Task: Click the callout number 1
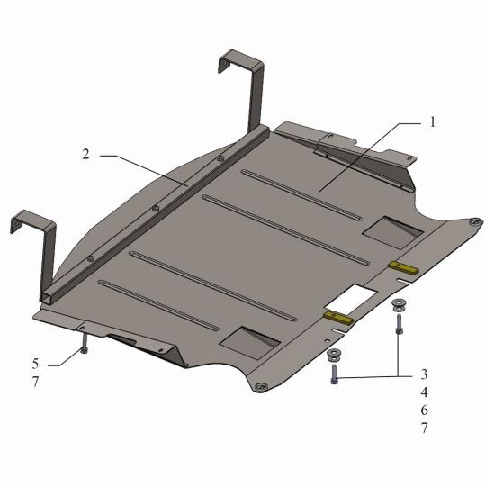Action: pos(433,122)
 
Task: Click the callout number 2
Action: pos(85,154)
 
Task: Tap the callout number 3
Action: pos(424,374)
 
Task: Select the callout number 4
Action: pos(424,392)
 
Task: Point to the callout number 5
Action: pos(35,364)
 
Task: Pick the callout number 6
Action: pos(424,410)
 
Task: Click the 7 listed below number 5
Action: pos(35,382)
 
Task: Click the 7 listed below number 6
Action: pos(424,428)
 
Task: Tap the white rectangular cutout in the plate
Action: pos(351,299)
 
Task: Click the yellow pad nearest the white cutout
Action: pos(338,318)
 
